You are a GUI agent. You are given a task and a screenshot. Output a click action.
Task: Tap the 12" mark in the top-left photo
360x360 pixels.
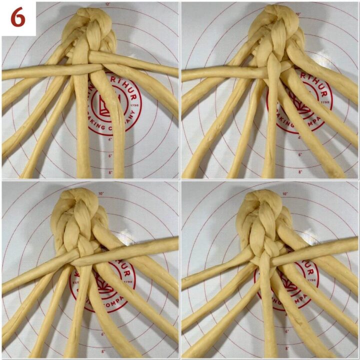click(107, 4)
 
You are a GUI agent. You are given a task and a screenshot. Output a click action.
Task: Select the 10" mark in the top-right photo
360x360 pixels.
click(298, 14)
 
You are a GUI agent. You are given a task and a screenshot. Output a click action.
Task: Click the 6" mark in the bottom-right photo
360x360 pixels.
click(300, 331)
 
